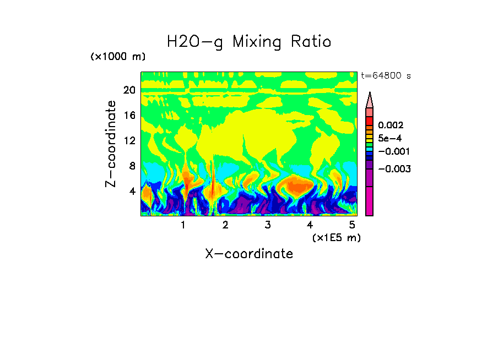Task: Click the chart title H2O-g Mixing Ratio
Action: pos(249,42)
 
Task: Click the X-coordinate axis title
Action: pos(249,254)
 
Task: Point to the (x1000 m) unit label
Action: pos(117,57)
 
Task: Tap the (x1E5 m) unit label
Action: pos(336,237)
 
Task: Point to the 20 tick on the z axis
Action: pos(129,90)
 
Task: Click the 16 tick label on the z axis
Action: pos(129,116)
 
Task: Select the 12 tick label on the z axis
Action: pos(129,140)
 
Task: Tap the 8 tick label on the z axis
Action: pos(132,166)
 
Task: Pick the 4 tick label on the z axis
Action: pos(132,191)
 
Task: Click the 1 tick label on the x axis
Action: pos(183,225)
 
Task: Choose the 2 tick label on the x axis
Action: pos(225,225)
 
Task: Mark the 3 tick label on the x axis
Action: pos(267,225)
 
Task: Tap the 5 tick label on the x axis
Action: pos(352,225)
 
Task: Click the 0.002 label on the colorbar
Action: pos(391,126)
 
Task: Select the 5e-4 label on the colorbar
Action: pos(389,139)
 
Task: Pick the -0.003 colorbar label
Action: pos(394,169)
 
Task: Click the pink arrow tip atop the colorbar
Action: pos(370,99)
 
